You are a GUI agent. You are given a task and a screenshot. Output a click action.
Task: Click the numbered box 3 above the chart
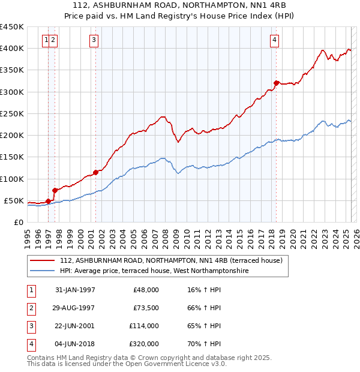tap(94, 40)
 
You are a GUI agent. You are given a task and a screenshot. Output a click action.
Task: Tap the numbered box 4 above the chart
tap(274, 40)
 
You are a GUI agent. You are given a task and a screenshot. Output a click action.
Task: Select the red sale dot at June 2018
tap(276, 83)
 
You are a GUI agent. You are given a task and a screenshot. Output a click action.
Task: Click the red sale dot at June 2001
tap(95, 172)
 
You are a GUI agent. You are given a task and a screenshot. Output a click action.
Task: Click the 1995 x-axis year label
tap(28, 235)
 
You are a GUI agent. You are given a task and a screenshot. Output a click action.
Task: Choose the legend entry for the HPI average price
tap(154, 271)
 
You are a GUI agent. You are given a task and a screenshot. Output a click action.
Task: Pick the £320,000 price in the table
tap(144, 344)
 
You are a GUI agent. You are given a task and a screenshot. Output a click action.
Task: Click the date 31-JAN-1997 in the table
tap(75, 290)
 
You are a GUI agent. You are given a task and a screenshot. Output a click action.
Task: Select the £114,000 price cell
tap(144, 326)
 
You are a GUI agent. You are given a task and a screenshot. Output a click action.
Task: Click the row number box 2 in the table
tap(31, 308)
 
